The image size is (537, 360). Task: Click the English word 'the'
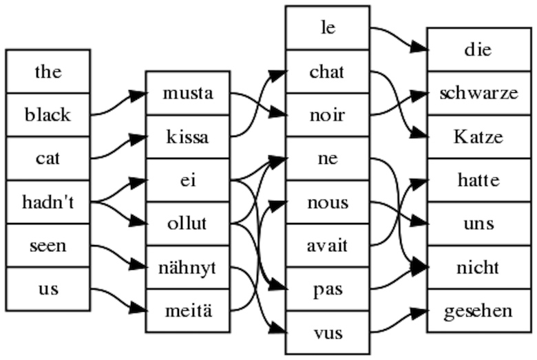tap(48, 72)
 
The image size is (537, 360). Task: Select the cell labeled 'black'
tap(48, 115)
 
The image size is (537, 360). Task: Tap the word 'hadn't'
tap(48, 202)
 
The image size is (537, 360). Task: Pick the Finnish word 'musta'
tap(188, 93)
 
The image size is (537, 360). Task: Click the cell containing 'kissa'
tap(188, 137)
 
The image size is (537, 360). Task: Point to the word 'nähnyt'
tap(187, 268)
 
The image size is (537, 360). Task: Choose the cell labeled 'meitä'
tap(188, 310)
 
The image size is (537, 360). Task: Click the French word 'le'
tap(328, 28)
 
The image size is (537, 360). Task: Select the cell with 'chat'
tap(328, 72)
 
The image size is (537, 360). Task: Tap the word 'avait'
tap(328, 246)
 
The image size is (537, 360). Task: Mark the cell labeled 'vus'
tap(328, 332)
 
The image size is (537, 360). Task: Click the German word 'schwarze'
tap(478, 93)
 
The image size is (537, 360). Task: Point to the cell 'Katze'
tap(479, 137)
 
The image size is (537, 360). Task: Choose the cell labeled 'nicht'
tap(479, 267)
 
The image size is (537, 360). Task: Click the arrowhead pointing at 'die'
tap(419, 48)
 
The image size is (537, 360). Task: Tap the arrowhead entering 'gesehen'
tap(419, 313)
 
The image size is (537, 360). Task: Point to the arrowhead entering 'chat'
tap(277, 74)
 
